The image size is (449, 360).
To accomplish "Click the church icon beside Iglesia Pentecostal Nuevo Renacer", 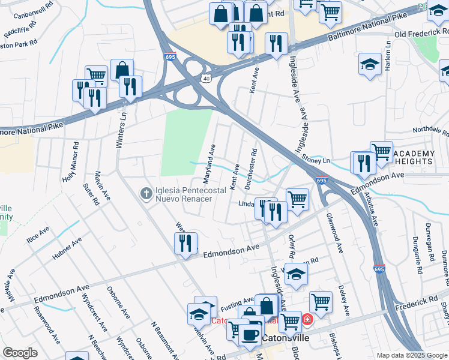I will [x=145, y=193].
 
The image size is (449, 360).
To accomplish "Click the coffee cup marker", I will [x=251, y=333].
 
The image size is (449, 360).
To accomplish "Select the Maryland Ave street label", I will [x=209, y=163].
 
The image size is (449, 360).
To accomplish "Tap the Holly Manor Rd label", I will [x=71, y=162].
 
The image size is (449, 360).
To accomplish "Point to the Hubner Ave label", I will [x=67, y=249].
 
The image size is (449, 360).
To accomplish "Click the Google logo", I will [x=20, y=353].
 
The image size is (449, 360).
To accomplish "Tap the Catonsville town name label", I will [x=286, y=338].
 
